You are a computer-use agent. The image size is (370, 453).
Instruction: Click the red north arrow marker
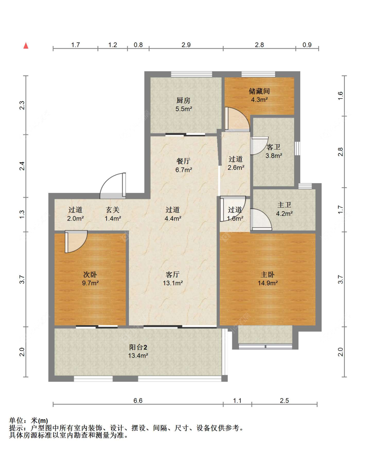click(26, 46)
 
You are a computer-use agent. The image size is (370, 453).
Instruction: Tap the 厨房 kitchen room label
click(183, 100)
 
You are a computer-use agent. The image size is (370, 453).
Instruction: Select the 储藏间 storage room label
click(259, 91)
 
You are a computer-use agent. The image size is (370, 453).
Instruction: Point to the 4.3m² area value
click(259, 100)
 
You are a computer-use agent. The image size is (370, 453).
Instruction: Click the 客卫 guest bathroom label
click(274, 147)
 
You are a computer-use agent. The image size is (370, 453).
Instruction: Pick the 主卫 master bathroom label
click(284, 205)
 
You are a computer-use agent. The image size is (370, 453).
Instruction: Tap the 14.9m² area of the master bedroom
click(268, 283)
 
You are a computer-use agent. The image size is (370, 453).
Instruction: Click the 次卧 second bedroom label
click(90, 274)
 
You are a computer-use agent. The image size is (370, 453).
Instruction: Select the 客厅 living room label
click(173, 274)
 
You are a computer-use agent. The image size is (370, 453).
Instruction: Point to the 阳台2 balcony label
click(138, 347)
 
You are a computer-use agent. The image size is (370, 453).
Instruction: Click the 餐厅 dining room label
click(183, 161)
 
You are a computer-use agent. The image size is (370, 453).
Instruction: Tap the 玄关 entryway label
click(112, 210)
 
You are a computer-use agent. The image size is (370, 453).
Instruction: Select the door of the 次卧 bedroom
click(76, 242)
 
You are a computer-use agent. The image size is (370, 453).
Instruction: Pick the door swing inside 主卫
click(261, 219)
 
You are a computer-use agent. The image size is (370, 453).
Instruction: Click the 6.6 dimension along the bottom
click(138, 401)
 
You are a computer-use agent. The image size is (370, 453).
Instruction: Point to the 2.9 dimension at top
click(186, 45)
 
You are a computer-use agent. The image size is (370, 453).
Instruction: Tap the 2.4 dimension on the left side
click(22, 166)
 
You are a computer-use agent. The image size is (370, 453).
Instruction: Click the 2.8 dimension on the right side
click(340, 152)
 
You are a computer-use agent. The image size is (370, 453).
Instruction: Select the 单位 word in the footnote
click(16, 420)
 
